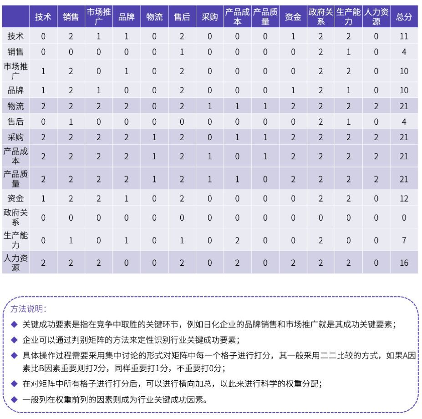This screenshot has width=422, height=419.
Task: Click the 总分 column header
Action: coord(404,17)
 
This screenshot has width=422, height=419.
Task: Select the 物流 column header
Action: coord(154,17)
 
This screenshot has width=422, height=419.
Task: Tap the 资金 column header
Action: coord(293,17)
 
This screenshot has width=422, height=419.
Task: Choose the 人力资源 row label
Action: coord(16,263)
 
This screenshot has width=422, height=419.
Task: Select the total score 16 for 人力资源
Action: coord(404,263)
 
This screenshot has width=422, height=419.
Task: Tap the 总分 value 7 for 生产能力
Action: coord(404,240)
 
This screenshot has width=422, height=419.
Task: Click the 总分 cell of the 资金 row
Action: coord(404,198)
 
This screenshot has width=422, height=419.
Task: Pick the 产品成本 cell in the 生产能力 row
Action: coord(237,240)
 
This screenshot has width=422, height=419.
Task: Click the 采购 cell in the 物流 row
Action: coord(209,106)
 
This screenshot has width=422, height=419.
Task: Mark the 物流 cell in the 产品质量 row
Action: coord(154,179)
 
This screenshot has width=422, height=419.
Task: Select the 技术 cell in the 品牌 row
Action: coord(43,90)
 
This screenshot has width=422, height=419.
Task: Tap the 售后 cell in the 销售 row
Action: coord(182,52)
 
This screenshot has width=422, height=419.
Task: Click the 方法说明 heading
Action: coord(28,309)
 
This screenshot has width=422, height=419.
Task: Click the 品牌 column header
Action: coord(126,17)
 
